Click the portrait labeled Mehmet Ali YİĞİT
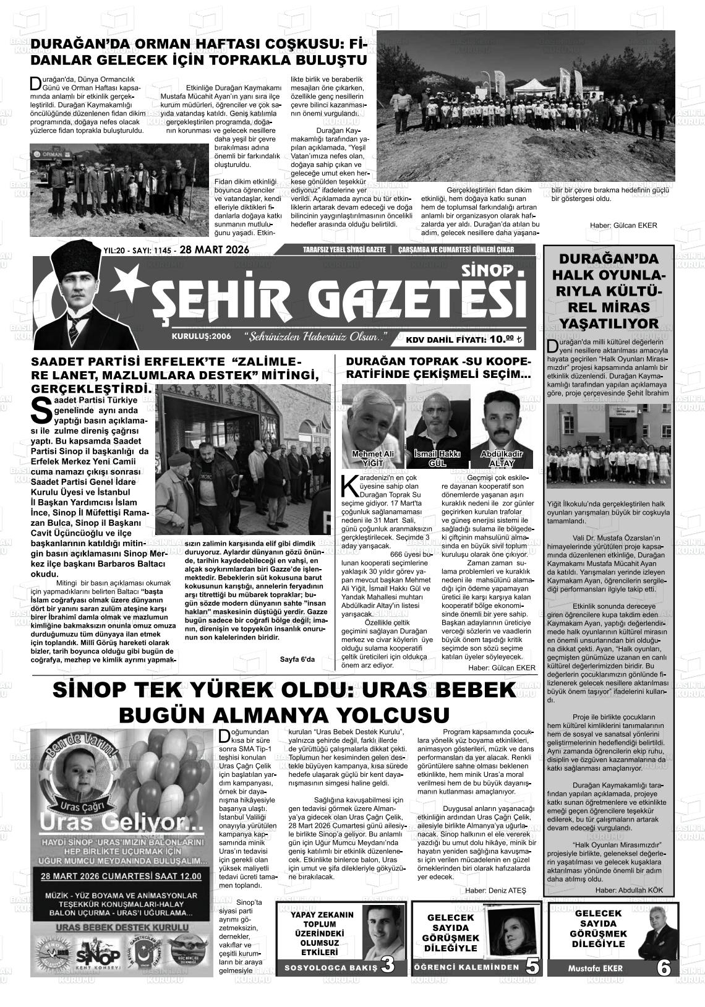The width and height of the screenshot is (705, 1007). click(x=372, y=421)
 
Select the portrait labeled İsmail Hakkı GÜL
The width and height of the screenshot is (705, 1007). click(x=437, y=421)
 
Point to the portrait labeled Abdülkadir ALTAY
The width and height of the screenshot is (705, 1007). click(x=501, y=421)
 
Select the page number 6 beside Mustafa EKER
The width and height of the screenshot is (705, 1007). click(x=664, y=967)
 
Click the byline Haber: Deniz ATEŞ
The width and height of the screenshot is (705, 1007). click(x=496, y=889)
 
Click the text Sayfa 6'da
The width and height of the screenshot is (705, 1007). click(x=297, y=659)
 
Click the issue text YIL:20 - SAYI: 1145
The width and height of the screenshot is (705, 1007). click(x=137, y=251)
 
